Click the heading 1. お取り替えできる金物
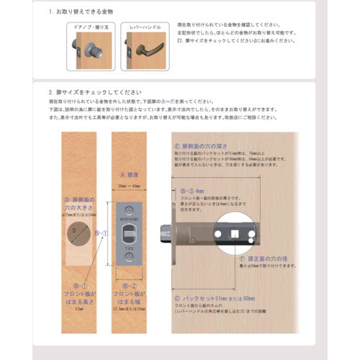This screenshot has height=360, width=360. (72, 12)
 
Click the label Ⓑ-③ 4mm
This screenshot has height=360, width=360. (194, 192)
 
